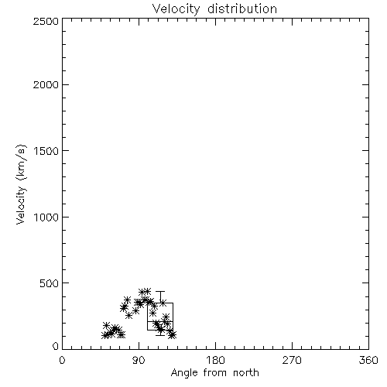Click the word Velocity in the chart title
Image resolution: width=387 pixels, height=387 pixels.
pyautogui.click(x=176, y=9)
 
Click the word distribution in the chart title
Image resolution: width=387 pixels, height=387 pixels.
pyautogui.click(x=242, y=9)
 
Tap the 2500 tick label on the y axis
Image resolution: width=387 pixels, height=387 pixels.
pyautogui.click(x=46, y=21)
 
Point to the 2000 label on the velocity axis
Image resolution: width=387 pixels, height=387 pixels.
pyautogui.click(x=46, y=84)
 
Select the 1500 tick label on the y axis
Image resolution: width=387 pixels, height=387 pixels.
pyautogui.click(x=46, y=151)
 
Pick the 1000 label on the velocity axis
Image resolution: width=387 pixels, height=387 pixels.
pyautogui.click(x=46, y=217)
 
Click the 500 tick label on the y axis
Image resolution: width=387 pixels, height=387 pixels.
pyautogui.click(x=50, y=283)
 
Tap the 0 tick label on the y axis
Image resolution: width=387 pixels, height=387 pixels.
pyautogui.click(x=56, y=346)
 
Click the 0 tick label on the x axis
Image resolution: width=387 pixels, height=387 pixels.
pyautogui.click(x=62, y=360)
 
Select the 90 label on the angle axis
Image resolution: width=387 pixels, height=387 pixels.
pyautogui.click(x=139, y=360)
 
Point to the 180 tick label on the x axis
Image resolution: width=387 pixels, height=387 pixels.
pyautogui.click(x=215, y=360)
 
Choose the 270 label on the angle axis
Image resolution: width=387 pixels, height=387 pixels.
pyautogui.click(x=292, y=360)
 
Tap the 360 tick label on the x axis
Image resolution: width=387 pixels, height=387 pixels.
pyautogui.click(x=368, y=360)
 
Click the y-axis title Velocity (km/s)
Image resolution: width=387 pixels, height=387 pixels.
pyautogui.click(x=21, y=184)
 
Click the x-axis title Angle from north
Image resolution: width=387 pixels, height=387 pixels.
pyautogui.click(x=215, y=372)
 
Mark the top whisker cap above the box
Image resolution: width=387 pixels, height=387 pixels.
pyautogui.click(x=160, y=292)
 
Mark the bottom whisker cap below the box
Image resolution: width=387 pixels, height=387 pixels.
pyautogui.click(x=160, y=335)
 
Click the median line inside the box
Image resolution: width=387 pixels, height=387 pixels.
pyautogui.click(x=160, y=321)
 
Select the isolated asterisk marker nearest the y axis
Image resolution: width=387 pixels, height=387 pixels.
pyautogui.click(x=106, y=325)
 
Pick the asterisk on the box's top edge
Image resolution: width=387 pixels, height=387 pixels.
pyautogui.click(x=163, y=303)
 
